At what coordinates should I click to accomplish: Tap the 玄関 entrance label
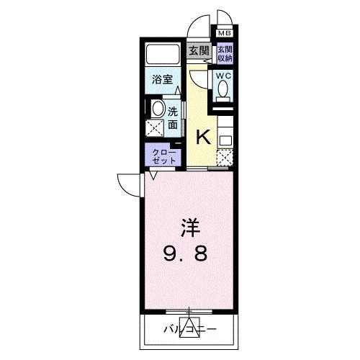(198, 50)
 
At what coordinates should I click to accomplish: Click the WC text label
(222, 75)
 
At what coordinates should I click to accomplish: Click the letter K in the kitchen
(203, 135)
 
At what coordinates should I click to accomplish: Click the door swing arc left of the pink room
(130, 185)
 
